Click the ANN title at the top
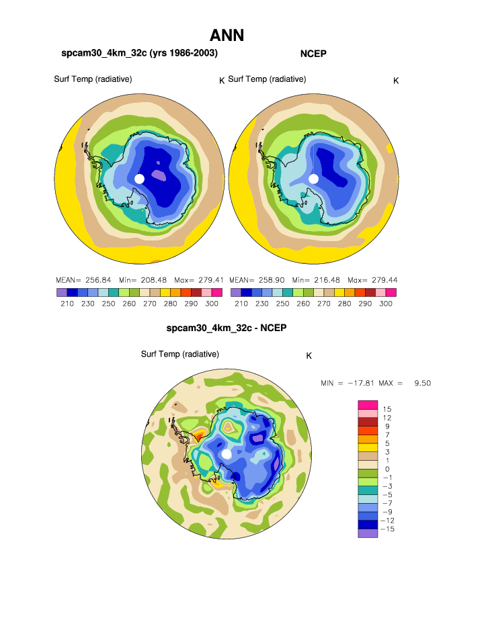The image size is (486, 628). tap(227, 36)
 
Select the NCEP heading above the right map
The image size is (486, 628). tap(313, 53)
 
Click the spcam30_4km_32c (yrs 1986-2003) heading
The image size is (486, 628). tap(140, 52)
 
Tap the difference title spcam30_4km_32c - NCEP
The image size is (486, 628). tap(227, 328)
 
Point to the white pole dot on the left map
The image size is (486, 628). tap(139, 179)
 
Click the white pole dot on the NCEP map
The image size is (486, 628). tap(313, 179)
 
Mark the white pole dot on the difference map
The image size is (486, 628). tap(227, 454)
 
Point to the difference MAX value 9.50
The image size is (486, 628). tap(422, 383)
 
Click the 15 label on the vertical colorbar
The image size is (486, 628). tap(387, 408)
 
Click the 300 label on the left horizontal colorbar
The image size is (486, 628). tap(212, 304)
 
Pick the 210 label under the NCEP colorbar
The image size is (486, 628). tap(241, 304)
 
